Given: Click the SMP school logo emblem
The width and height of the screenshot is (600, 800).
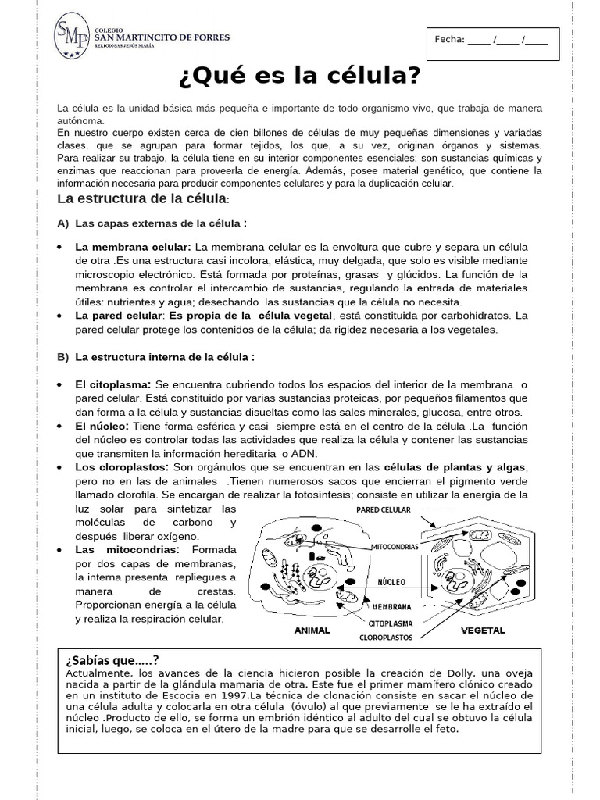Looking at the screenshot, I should pyautogui.click(x=71, y=38).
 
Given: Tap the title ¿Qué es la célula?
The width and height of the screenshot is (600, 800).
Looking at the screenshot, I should pyautogui.click(x=300, y=77).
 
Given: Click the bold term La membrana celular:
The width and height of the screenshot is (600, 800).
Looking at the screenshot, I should pyautogui.click(x=133, y=247).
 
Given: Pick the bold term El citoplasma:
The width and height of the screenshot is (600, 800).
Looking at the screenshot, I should pyautogui.click(x=114, y=385).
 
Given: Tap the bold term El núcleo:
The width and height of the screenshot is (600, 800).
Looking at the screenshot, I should pyautogui.click(x=102, y=426).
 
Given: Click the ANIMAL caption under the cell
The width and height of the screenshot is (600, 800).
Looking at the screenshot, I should pyautogui.click(x=311, y=630).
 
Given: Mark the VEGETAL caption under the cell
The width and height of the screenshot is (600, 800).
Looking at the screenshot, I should pyautogui.click(x=483, y=630).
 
